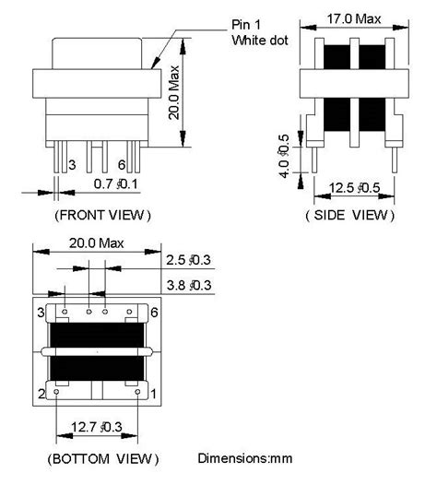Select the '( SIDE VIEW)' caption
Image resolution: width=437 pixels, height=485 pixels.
coord(348,215)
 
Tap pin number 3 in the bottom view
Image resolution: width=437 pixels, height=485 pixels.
coord(41,314)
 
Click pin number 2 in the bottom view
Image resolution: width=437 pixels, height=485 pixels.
coord(41,395)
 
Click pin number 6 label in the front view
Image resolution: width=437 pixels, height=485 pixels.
coord(121,165)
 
